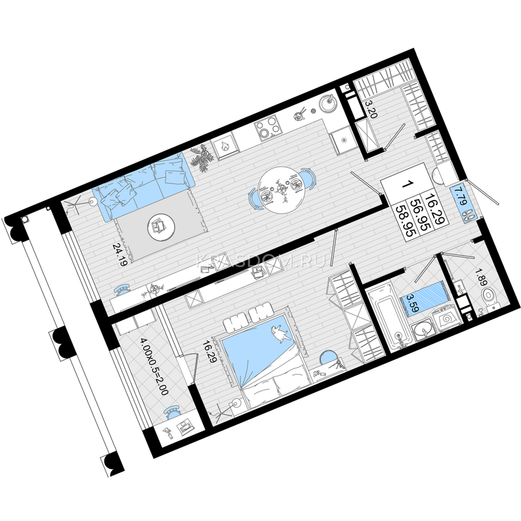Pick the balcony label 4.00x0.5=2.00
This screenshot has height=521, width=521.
pos(154,371)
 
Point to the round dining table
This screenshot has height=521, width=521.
pos(281,190)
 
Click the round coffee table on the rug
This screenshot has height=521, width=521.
pos(161,227)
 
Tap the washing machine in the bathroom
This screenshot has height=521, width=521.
pos(446,321)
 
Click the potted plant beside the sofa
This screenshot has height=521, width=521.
pos(203,158)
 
